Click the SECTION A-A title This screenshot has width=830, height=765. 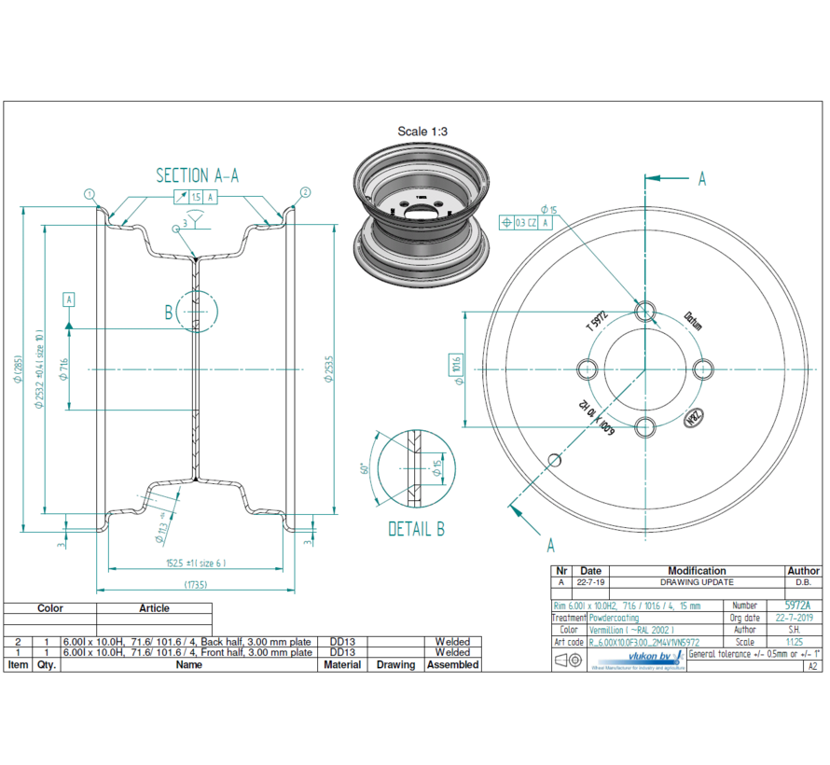coord(196,175)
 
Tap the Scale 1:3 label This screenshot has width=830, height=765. coord(422,132)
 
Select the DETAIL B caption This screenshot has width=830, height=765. coord(416,529)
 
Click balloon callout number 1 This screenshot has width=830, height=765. coord(90,194)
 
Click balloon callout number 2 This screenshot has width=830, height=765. coord(305,193)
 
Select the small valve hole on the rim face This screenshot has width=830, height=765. coord(554,460)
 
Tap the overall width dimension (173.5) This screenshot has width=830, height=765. coord(196,585)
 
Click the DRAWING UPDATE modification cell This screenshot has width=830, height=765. coord(697,582)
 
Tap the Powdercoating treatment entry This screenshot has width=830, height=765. coord(615,618)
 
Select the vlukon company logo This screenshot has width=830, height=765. coord(637,659)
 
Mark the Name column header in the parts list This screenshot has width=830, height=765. coord(189,665)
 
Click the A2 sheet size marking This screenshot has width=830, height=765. coord(812,666)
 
